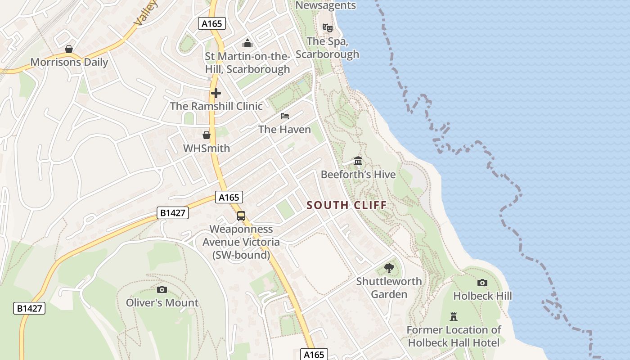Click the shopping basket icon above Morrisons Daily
tap(69, 49)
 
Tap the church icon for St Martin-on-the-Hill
tap(247, 44)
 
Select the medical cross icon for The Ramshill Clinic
tap(216, 93)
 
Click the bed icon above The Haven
tap(284, 116)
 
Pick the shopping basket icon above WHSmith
tap(206, 135)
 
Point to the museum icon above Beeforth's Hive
tap(358, 161)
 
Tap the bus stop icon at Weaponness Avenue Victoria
tap(241, 216)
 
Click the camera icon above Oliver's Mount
tap(162, 289)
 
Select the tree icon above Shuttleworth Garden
tap(389, 268)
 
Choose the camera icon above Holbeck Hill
tap(482, 283)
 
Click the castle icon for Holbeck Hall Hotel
tap(454, 317)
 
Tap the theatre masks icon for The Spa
tap(328, 28)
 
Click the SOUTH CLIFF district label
tap(346, 206)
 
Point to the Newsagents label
tap(325, 5)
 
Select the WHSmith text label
tap(207, 148)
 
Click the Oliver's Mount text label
tap(162, 303)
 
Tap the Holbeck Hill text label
tap(482, 296)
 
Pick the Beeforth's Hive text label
tap(358, 175)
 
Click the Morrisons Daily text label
tap(69, 62)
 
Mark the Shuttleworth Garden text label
tap(389, 288)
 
